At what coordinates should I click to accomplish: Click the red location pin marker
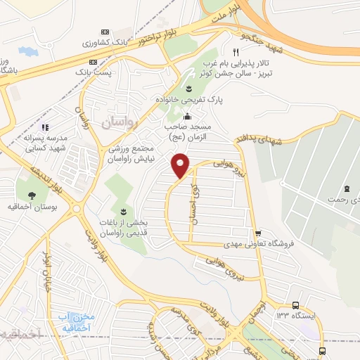181,165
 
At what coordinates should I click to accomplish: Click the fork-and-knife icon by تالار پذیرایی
236,53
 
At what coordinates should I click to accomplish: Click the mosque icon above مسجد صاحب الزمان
186,117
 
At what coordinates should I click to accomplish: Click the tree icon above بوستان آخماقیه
31,176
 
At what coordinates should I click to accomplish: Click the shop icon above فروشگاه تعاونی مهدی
259,233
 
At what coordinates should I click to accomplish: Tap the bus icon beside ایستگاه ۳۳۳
297,306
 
